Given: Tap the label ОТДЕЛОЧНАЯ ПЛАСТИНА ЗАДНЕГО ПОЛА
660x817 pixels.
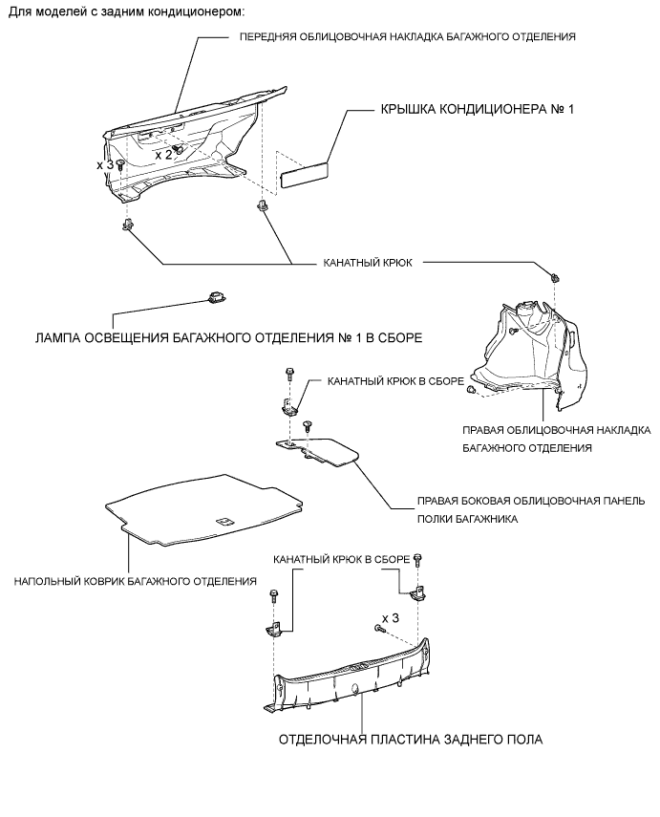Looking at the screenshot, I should click(411, 740).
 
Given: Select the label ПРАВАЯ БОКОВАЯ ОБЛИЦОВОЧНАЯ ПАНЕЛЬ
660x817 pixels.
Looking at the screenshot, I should click(531, 500).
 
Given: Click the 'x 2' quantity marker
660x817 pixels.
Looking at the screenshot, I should click(163, 154).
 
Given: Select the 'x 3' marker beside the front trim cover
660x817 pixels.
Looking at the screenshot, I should click(105, 165).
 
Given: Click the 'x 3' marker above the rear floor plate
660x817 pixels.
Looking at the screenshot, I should click(390, 616).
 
